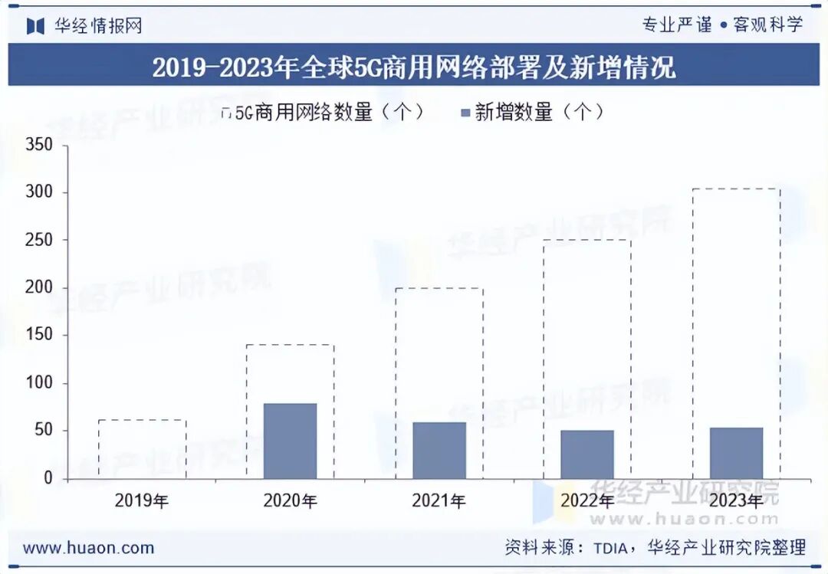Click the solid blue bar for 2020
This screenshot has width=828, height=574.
[x=290, y=441]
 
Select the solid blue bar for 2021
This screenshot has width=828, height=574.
[x=439, y=451]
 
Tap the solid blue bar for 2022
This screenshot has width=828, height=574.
[x=586, y=454]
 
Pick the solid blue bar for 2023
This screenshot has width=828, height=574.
[x=736, y=453]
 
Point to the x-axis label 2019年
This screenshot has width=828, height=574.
[x=141, y=501]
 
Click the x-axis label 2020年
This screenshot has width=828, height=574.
[x=290, y=501]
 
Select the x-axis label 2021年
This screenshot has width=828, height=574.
[x=439, y=501]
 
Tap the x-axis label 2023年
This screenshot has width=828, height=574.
[x=736, y=501]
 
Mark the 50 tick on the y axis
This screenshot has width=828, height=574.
[x=43, y=431]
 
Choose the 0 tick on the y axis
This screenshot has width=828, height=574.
[x=48, y=478]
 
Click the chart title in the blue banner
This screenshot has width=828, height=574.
[x=414, y=67]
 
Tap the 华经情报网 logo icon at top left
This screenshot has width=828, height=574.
[x=35, y=25]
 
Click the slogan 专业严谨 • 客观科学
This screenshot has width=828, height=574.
[x=722, y=25]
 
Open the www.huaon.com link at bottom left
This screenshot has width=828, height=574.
[x=88, y=548]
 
